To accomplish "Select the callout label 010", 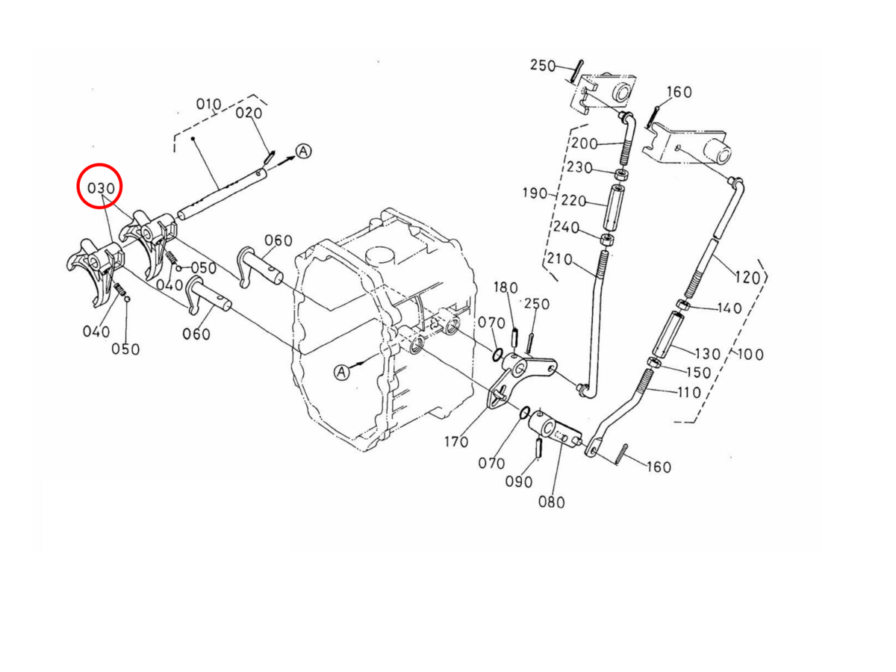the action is [208, 105].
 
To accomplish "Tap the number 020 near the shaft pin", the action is [249, 113].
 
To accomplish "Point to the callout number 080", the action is [552, 502].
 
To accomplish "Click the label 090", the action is [519, 482].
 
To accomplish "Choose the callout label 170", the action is [456, 441].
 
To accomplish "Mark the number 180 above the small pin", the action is [505, 287].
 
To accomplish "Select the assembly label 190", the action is [535, 193].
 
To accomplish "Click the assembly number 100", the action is [750, 354].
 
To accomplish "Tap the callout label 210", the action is [560, 258].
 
